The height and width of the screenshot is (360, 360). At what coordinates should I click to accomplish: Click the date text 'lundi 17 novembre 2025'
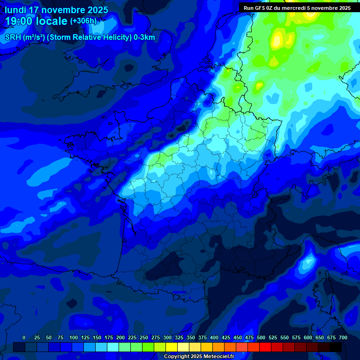tap(56, 10)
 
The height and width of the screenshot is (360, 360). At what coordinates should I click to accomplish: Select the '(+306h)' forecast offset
tap(83, 21)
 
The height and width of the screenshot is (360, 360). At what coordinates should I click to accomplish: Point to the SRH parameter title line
tap(80, 37)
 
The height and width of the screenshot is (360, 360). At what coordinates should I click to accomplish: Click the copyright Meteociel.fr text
tap(199, 357)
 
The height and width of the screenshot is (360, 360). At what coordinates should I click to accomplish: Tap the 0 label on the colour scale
tap(24, 337)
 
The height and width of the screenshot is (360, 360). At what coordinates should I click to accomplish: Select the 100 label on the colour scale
tap(74, 337)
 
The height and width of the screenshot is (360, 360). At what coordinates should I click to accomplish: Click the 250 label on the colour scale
tap(144, 337)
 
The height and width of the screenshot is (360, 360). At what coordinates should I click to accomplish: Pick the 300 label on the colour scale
tap(167, 337)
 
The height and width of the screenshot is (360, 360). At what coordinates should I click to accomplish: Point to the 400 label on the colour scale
tap(214, 337)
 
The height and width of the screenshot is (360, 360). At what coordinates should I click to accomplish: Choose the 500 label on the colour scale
tap(261, 337)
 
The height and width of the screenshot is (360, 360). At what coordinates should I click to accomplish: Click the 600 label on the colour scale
tap(308, 337)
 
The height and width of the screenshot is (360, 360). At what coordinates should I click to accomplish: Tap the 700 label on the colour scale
tap(343, 337)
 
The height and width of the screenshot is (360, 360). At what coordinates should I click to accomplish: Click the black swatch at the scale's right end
tap(336, 347)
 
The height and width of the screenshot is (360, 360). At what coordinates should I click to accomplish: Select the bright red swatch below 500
tap(265, 347)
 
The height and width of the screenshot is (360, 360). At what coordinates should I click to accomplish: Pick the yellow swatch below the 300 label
tap(172, 347)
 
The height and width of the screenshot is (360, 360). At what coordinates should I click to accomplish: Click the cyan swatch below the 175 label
tap(113, 347)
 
